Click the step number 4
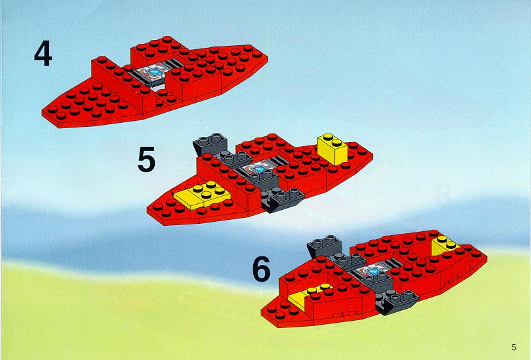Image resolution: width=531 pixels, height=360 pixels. coord(43,53)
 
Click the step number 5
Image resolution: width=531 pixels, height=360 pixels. coord(146,159)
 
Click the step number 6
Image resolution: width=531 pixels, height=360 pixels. coord(261,269)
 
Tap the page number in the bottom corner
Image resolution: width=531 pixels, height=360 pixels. coord(514,347)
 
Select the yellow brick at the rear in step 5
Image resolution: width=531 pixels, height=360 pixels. coord(332,149)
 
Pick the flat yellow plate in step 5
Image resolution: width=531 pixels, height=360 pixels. coord(202,196)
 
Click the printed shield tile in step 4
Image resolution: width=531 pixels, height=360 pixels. coord(152,74)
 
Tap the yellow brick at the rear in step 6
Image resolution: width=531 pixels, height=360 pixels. coord(443,245)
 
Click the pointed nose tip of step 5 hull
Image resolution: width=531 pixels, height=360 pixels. coord(148,211)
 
